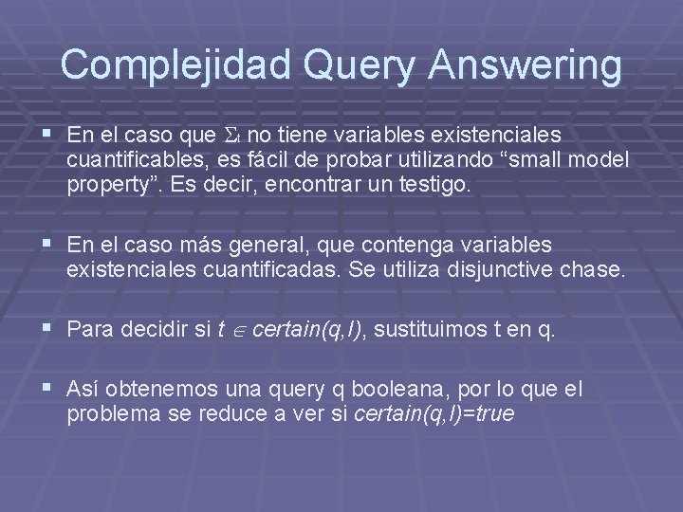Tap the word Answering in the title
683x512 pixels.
point(526,64)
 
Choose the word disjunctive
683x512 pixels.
point(508,269)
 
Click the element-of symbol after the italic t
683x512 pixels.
point(238,330)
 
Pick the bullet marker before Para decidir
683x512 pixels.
point(47,329)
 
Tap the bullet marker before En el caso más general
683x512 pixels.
point(47,245)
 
